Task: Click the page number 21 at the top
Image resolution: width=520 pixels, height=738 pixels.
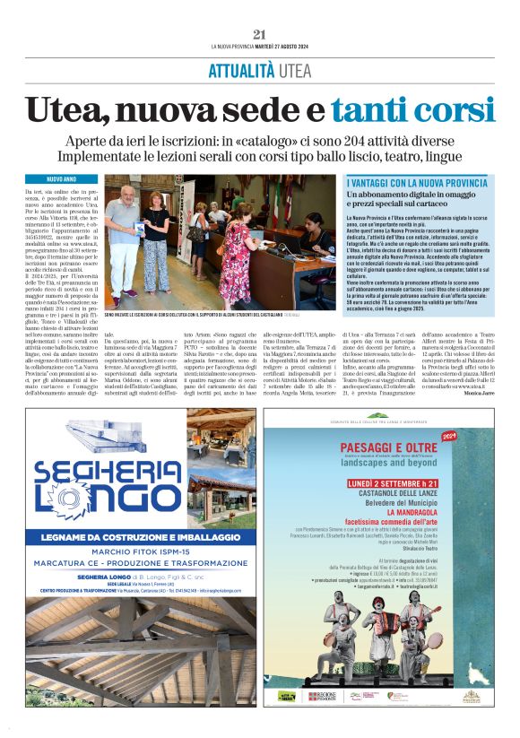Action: coord(260,34)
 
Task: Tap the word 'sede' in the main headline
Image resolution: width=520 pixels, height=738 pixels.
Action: coord(246,109)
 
